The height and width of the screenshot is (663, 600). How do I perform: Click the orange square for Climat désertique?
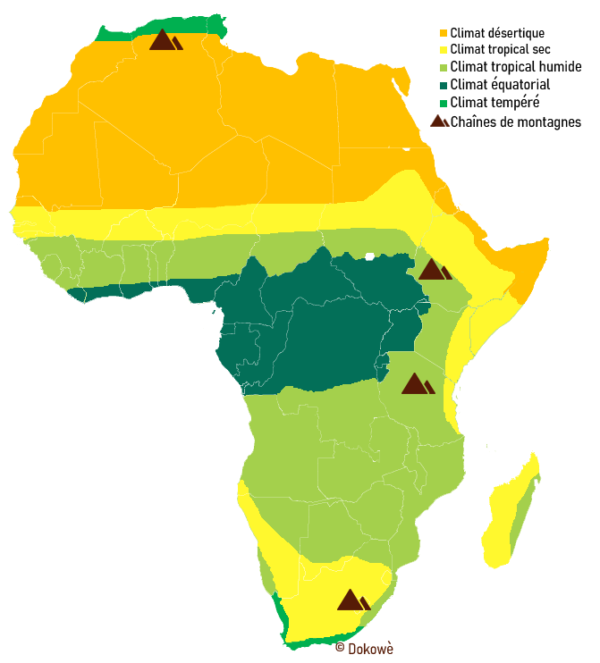pos(444,34)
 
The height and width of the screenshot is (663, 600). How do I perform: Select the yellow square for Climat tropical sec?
pos(444,51)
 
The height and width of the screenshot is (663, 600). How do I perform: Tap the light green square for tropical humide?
pos(444,68)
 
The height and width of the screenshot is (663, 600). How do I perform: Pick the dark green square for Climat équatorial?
pos(444,85)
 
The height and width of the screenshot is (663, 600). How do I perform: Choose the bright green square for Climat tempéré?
pos(444,103)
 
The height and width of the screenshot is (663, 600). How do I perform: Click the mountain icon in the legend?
pos(439,122)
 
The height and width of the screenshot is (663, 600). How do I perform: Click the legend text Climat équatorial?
pos(501,85)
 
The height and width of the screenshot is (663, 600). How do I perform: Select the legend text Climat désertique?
pos(498,34)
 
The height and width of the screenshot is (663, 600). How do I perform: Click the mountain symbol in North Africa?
pos(165,40)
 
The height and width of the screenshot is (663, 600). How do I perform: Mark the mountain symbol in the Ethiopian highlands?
pos(435,270)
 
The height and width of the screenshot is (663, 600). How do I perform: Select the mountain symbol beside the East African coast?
pos(417,384)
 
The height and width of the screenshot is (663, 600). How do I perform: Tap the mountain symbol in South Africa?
pos(352,600)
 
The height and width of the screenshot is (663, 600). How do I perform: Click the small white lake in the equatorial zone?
pos(369,256)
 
